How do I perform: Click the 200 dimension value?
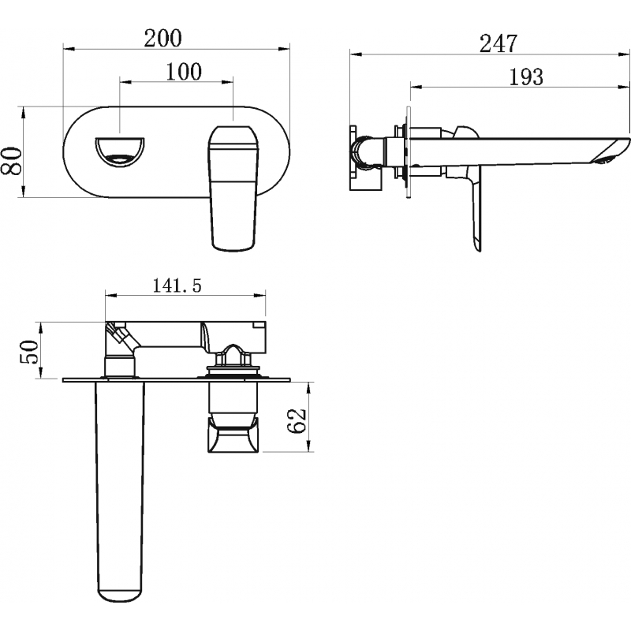[163, 38]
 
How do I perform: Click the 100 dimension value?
[184, 72]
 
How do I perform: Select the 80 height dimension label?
[11, 161]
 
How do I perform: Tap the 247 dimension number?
[498, 43]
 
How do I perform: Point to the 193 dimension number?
[526, 77]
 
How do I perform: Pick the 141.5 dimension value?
[177, 286]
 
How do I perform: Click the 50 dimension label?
[29, 352]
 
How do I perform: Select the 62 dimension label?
[297, 420]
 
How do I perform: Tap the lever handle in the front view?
[233, 189]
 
